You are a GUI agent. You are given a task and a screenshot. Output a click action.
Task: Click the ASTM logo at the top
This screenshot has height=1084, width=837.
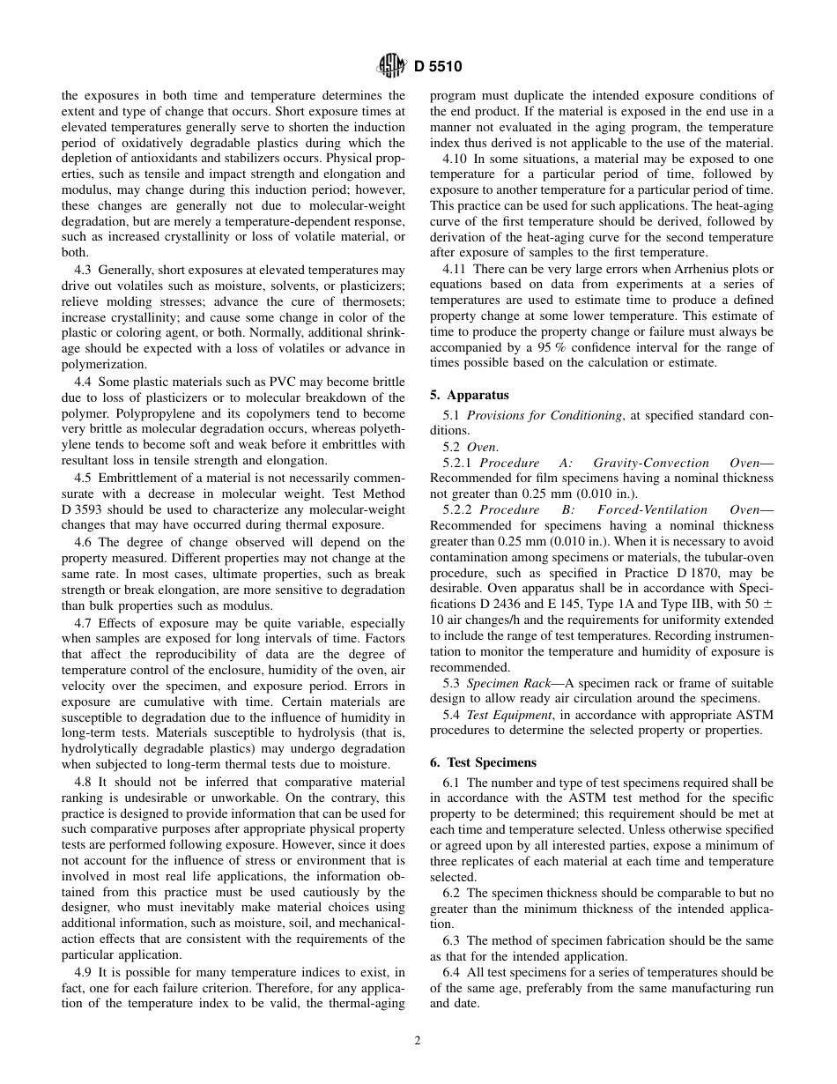point(389,65)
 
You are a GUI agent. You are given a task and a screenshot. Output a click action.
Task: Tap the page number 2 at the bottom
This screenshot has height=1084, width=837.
point(418,1040)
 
